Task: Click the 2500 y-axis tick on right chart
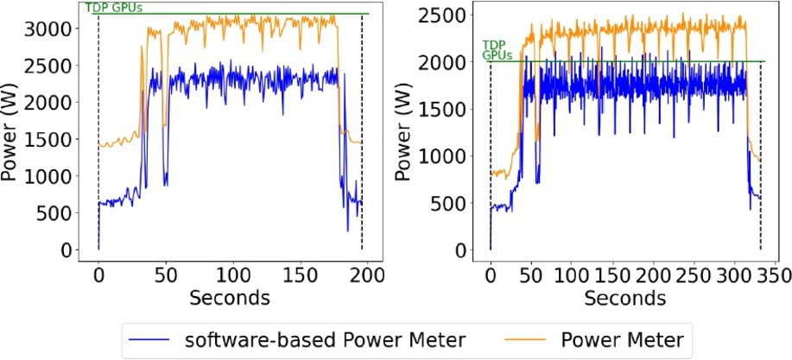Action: [451, 16]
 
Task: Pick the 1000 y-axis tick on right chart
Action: [451, 156]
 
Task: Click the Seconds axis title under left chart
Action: [231, 298]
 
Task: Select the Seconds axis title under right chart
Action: [624, 298]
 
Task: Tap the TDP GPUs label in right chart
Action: [496, 48]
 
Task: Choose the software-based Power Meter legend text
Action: [326, 338]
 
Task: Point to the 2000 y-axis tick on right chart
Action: [451, 62]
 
